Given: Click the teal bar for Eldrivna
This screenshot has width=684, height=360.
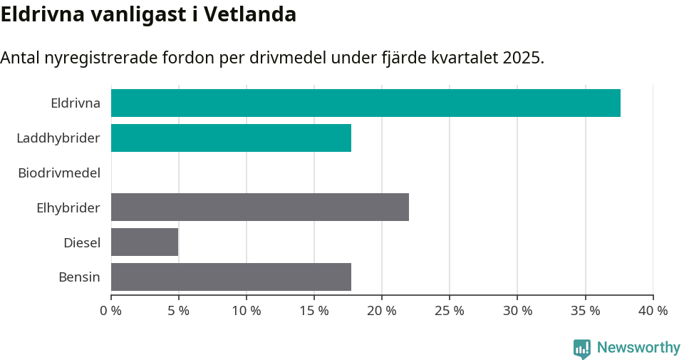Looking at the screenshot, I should coord(366,103).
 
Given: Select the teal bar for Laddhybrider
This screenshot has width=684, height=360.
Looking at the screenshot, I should coord(231,138).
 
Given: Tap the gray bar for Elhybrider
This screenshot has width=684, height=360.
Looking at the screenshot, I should coord(260,207).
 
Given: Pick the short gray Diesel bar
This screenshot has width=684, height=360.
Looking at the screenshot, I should coord(145,242).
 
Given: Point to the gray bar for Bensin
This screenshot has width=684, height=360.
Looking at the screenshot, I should coord(231,277).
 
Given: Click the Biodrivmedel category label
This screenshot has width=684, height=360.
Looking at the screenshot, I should coord(59,173).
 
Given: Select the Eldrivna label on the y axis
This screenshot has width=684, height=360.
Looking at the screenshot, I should coord(75,103).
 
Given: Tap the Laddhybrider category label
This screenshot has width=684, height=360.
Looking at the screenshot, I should coord(58,138).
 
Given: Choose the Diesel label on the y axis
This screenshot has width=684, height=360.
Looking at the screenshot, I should coord(81,242).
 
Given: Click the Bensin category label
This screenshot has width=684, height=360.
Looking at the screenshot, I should coord(79,277).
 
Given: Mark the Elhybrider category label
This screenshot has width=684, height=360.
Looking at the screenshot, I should coord(68,207).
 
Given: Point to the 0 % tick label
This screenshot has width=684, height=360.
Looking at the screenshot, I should coord(111,311).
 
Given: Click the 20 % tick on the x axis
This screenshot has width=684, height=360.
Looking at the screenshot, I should coord(382,311).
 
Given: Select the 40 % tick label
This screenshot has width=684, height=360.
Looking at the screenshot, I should coord(653,311).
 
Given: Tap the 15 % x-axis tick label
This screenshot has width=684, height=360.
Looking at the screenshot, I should coord(314,311).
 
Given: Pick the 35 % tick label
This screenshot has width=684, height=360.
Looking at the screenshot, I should coord(585,311).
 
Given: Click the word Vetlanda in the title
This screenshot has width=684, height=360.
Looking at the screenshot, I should coord(249,14).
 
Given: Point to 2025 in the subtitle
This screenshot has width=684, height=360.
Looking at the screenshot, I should coord(522,58).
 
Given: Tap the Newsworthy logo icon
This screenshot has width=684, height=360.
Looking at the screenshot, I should coord(582,348).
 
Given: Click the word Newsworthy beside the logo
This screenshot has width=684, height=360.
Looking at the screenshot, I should coord(638,348).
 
